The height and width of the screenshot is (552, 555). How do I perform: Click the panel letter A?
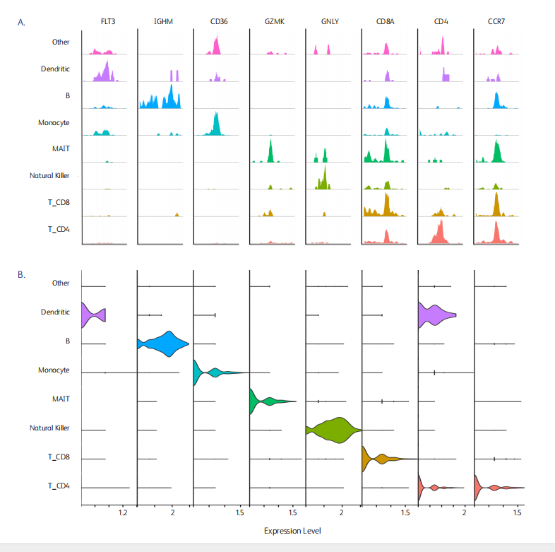(x=22, y=22)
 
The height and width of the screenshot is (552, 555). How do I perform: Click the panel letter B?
(x=22, y=274)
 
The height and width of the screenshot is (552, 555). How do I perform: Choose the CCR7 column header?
(x=496, y=22)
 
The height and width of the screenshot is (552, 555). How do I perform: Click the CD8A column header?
(x=386, y=22)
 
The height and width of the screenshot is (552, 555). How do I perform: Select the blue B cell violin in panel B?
(x=166, y=343)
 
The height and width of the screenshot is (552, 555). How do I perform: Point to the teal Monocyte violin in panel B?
(x=212, y=372)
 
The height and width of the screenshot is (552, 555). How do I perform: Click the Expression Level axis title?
(x=292, y=531)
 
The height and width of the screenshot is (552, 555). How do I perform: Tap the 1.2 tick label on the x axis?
(x=123, y=511)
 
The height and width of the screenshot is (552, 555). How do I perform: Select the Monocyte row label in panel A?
(x=54, y=122)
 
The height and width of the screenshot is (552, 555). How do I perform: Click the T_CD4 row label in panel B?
(x=59, y=486)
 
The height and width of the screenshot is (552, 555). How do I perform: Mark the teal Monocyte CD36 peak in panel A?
(x=215, y=125)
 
